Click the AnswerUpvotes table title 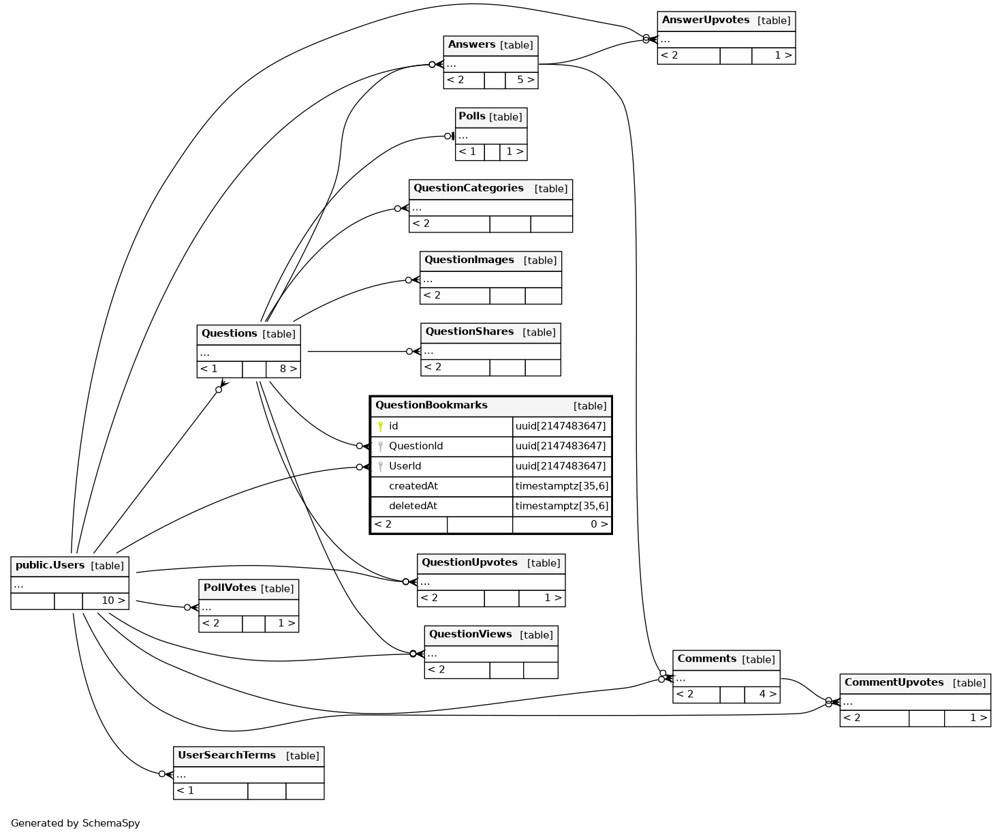(705, 20)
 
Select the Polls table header (472, 117)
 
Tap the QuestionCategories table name (469, 188)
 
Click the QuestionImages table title (469, 260)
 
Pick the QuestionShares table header (469, 332)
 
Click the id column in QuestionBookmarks (394, 426)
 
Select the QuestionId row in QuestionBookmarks (416, 446)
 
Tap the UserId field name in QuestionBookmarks (405, 466)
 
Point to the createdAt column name (413, 486)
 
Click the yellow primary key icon (380, 426)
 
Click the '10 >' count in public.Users (113, 600)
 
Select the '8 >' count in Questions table (288, 369)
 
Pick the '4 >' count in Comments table (768, 694)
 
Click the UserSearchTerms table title (227, 755)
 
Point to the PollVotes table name (230, 588)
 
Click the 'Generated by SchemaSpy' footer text (76, 823)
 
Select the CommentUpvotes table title (894, 682)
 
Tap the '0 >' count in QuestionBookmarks (599, 524)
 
